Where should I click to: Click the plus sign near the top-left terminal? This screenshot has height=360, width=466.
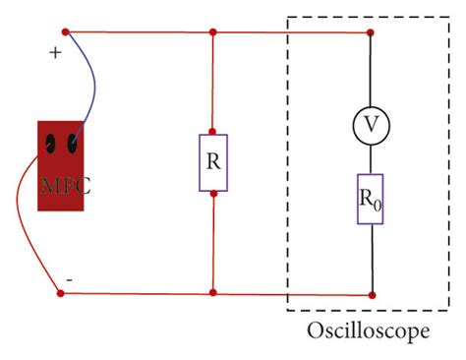(x=56, y=55)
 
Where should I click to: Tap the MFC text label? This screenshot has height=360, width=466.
(x=65, y=185)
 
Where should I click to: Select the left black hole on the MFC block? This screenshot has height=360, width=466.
(x=49, y=147)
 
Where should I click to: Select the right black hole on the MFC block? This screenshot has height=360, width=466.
(x=72, y=146)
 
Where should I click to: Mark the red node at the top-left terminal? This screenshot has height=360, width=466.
(x=65, y=32)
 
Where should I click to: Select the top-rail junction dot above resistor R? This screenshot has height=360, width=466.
(x=213, y=32)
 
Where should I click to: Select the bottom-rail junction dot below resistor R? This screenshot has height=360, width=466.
(x=213, y=293)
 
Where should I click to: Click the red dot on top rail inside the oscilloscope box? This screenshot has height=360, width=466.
(x=370, y=32)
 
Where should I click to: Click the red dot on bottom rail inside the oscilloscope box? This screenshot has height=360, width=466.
(x=370, y=293)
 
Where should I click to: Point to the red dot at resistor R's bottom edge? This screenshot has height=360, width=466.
(x=213, y=193)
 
